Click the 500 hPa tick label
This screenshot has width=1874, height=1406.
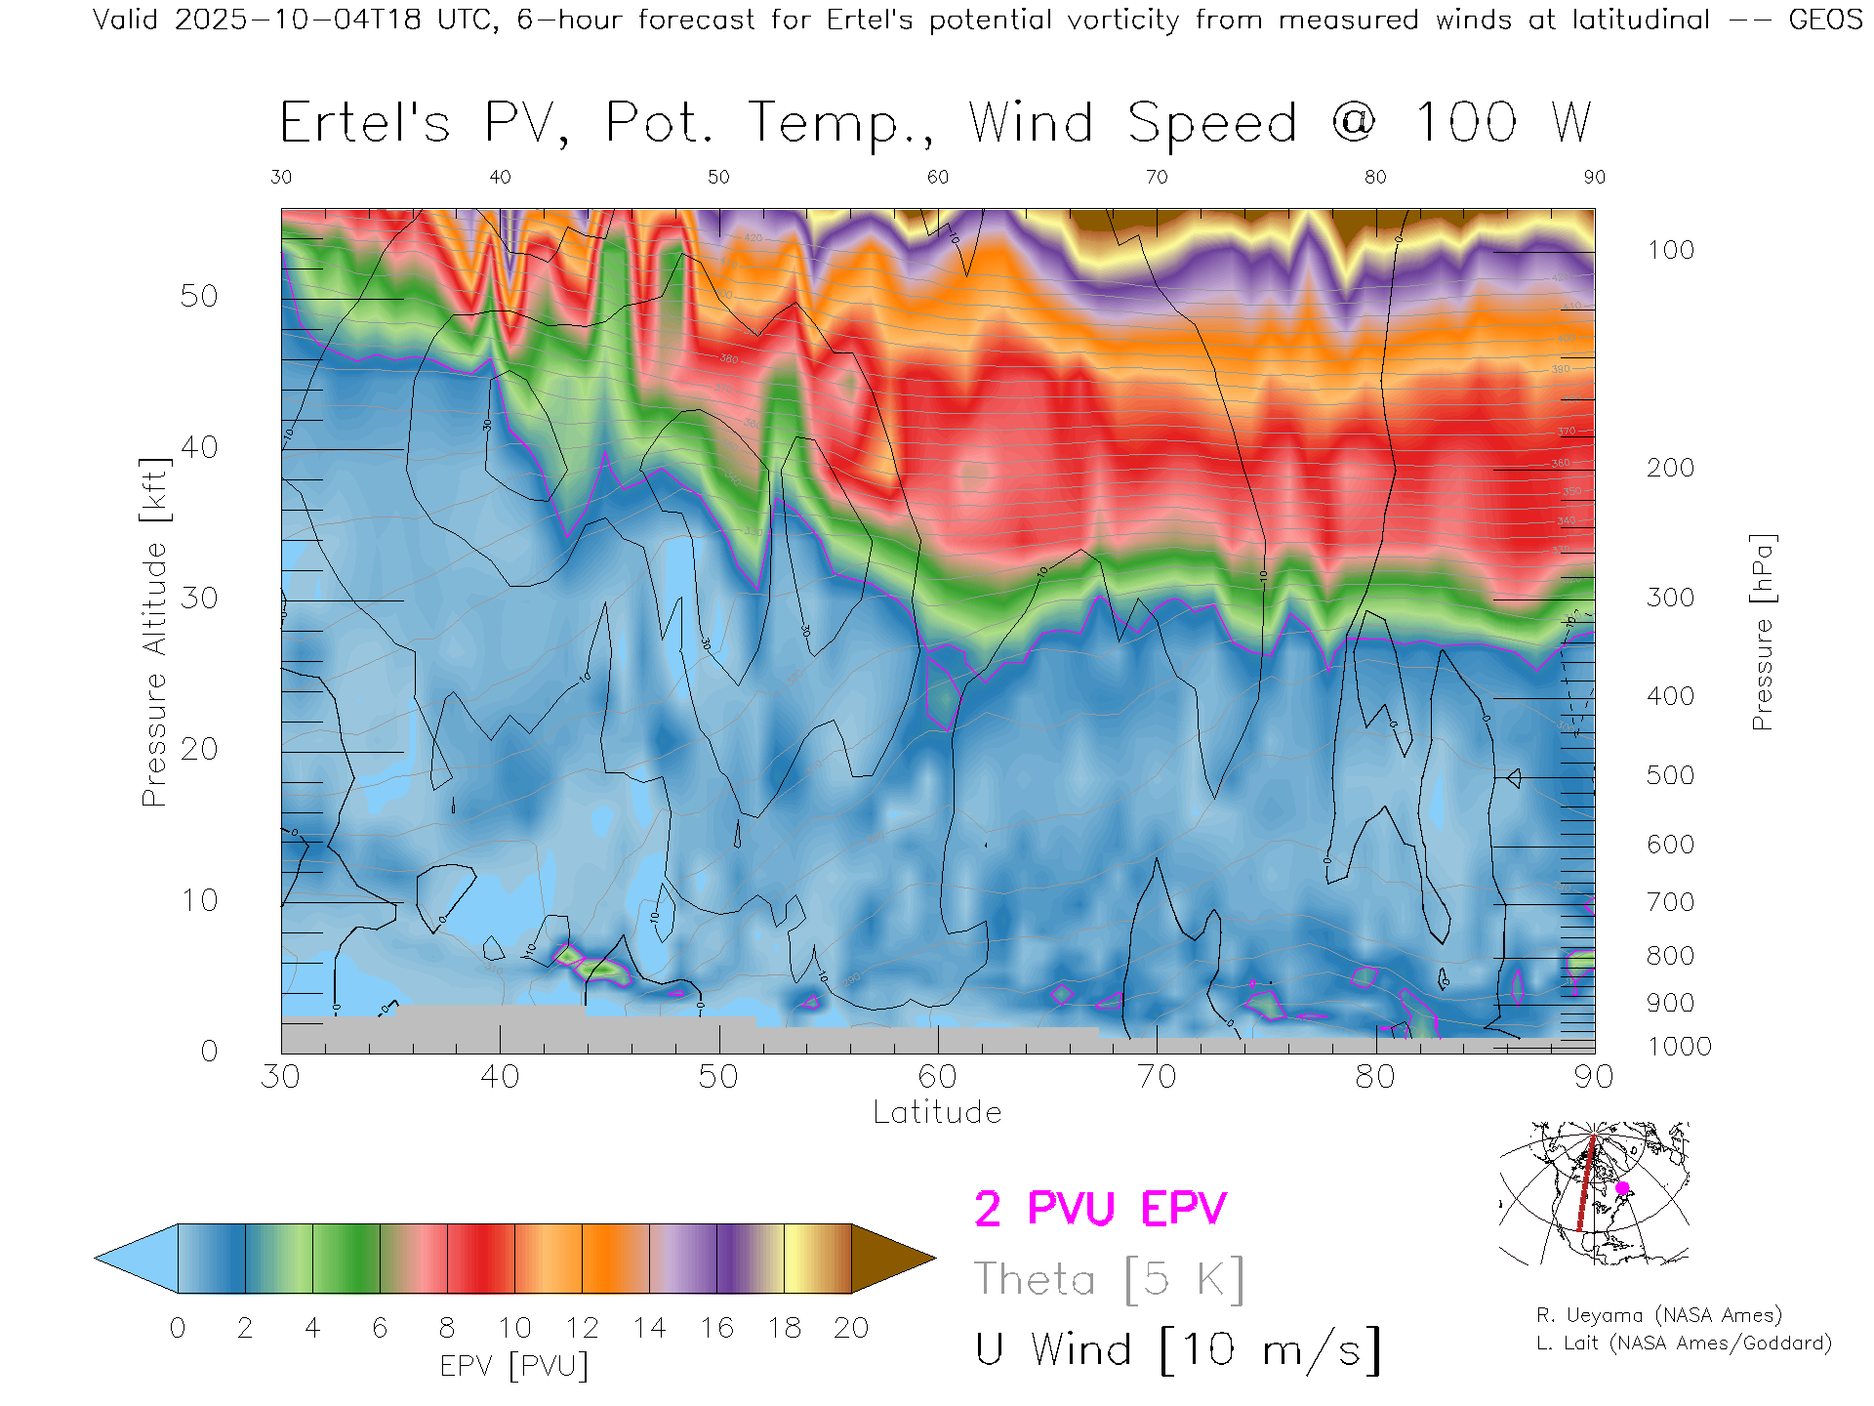pos(1670,775)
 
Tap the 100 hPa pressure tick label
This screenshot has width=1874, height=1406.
pos(1670,250)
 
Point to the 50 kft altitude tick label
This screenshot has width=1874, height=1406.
pos(198,296)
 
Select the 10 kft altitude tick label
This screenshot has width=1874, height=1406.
pos(198,900)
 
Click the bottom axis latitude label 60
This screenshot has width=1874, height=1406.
pos(937,1076)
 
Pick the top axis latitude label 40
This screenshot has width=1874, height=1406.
pos(500,177)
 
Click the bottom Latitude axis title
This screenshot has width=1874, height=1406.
pos(937,1112)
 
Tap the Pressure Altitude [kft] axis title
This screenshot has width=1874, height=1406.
pos(154,632)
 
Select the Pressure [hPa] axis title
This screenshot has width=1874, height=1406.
pos(1762,632)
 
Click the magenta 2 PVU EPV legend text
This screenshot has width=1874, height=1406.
pos(1100,1209)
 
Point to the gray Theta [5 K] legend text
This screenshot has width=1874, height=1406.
pos(1109,1279)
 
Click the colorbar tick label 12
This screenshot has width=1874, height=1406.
pos(582,1328)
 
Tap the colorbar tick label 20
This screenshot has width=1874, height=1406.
pos(851,1328)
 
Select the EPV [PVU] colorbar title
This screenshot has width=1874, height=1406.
pos(514,1366)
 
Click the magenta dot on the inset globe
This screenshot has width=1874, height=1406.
pos(1622,1188)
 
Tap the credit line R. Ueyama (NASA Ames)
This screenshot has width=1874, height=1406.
pos(1658,1315)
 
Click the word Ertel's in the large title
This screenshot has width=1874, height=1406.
pos(365,124)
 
